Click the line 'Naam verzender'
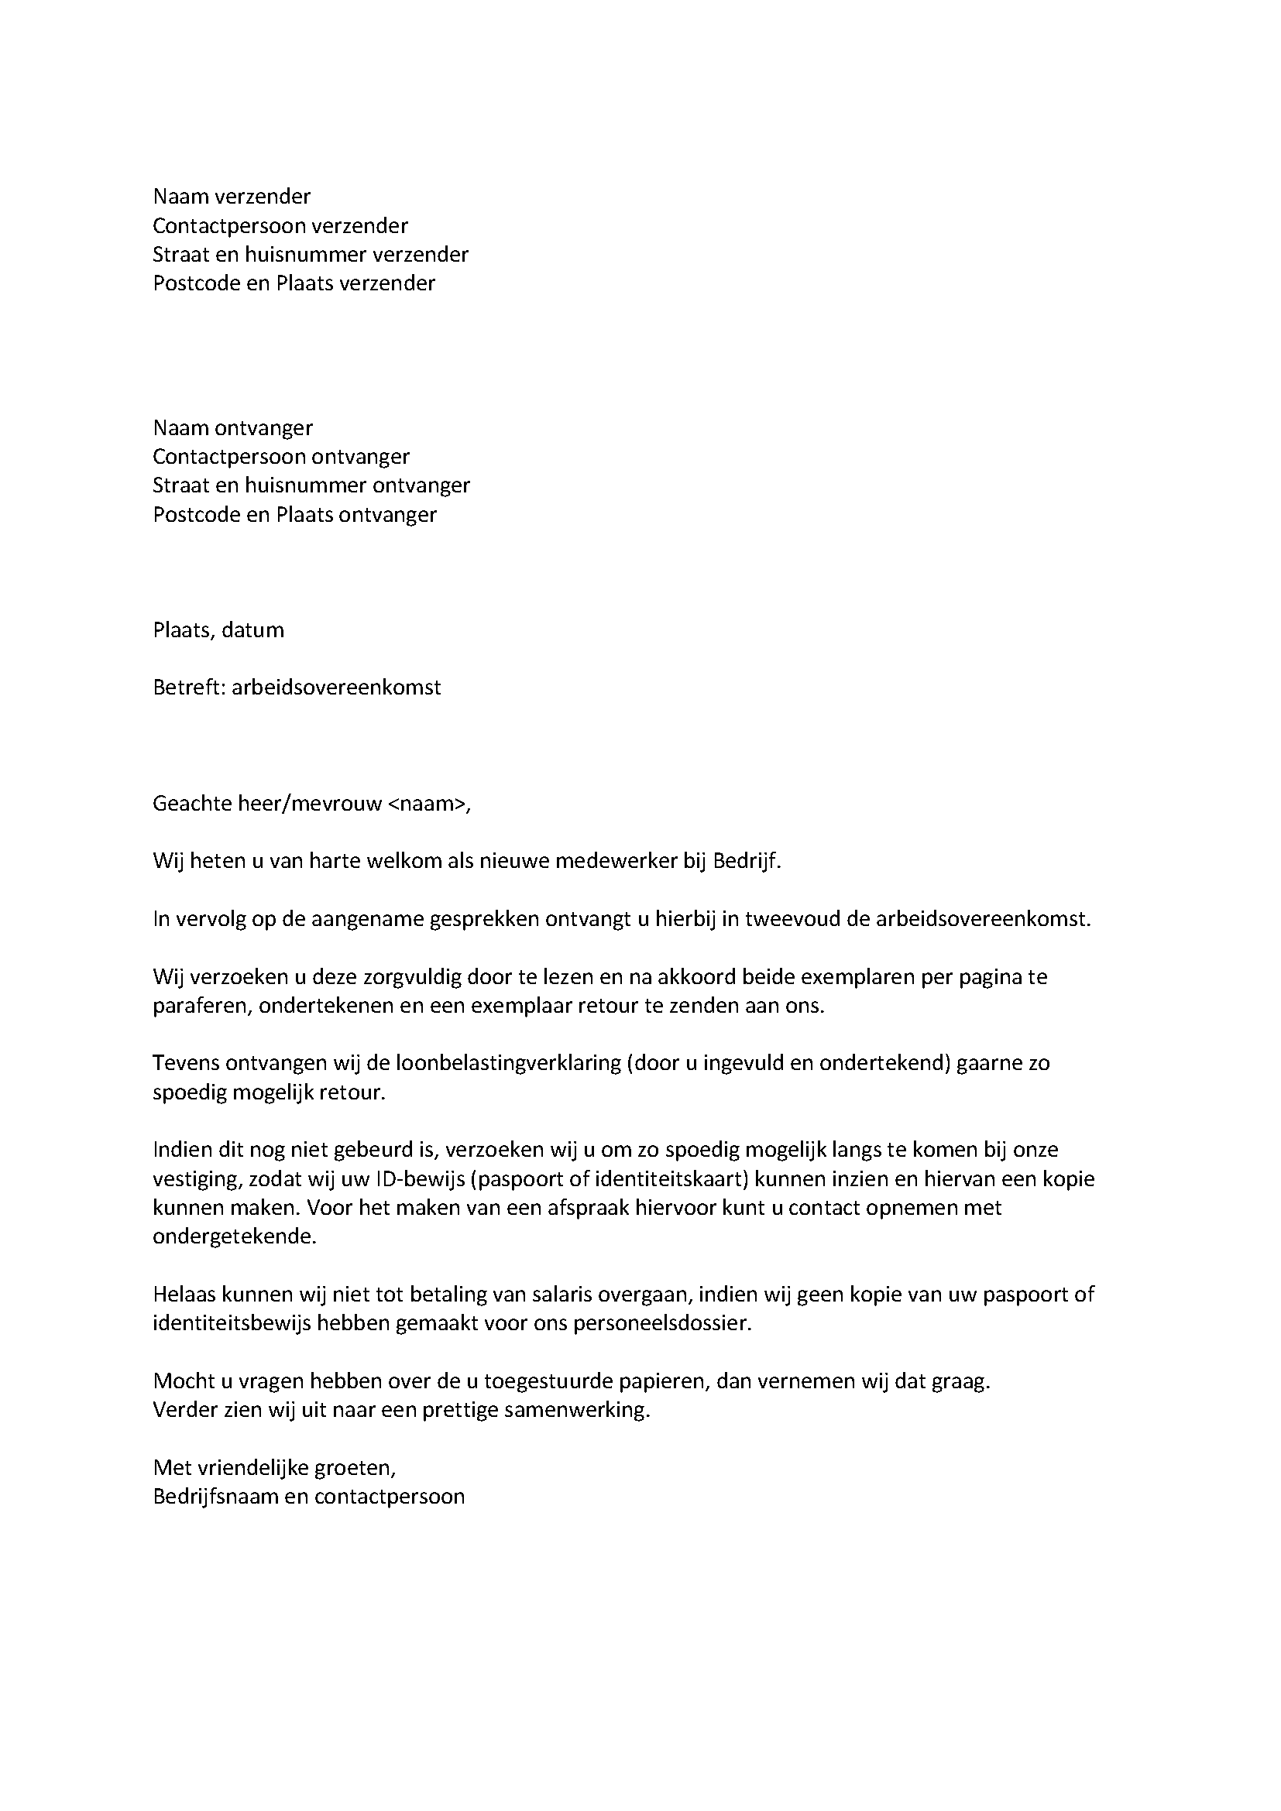(232, 197)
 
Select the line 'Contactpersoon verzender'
(280, 226)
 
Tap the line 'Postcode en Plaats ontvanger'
(294, 515)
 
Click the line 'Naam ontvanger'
(232, 428)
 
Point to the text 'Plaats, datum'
(218, 630)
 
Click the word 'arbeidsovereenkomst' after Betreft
(336, 688)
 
